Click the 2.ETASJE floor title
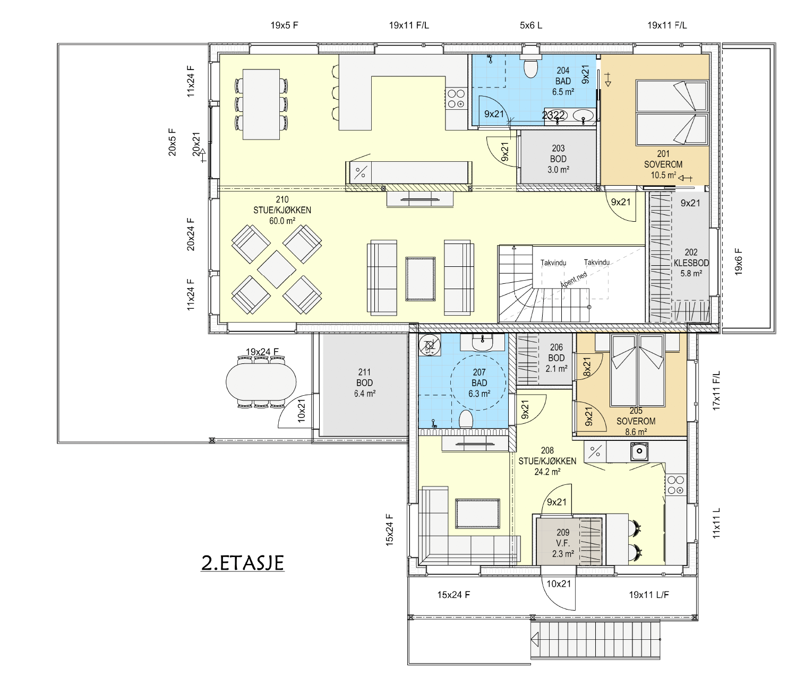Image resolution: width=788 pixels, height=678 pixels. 243,563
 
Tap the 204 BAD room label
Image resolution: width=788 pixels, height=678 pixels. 563,81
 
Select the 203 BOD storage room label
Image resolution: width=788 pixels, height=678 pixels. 558,159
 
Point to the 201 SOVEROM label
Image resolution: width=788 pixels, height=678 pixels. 663,164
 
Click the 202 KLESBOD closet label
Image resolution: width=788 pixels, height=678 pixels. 691,263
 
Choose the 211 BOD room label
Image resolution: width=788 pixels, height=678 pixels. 364,383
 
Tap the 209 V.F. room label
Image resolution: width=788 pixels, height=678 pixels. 563,543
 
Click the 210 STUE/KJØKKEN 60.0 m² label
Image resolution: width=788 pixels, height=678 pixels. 282,210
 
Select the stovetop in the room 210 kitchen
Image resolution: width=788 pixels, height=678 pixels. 456,98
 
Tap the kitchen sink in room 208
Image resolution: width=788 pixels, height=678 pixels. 639,451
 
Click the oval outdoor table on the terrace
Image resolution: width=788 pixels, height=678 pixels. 261,381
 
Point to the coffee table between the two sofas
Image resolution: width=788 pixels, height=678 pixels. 421,279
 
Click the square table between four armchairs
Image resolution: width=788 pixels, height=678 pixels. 277,270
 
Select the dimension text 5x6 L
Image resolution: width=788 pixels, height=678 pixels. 530,25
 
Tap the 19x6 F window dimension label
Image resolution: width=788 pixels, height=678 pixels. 739,262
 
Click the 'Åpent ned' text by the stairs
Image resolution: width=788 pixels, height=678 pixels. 574,280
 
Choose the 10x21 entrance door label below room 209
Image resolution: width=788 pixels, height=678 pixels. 559,584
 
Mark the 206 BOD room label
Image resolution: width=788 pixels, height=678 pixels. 556,358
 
